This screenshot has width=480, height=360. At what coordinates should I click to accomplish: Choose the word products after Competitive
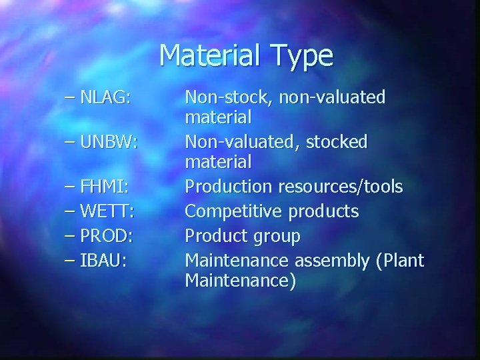tap(323, 213)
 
